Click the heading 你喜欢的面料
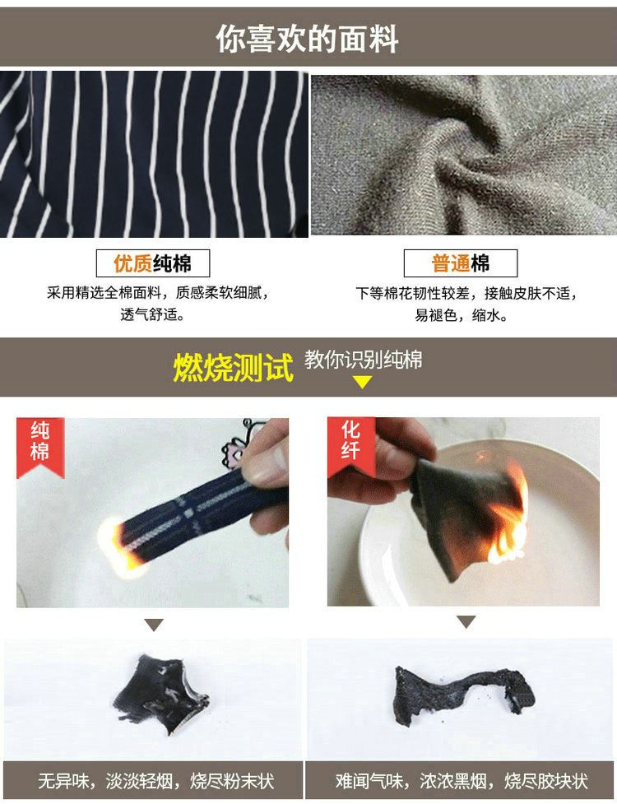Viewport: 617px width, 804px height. pyautogui.click(x=307, y=39)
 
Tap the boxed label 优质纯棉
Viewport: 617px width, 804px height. pyautogui.click(x=153, y=263)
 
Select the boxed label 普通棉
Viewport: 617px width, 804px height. pyautogui.click(x=460, y=263)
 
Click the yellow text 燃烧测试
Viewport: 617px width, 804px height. pyautogui.click(x=233, y=367)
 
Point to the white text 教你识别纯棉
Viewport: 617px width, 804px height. pyautogui.click(x=364, y=360)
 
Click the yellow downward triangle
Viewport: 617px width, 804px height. pyautogui.click(x=362, y=382)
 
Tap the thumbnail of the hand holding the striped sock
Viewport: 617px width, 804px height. pyautogui.click(x=153, y=513)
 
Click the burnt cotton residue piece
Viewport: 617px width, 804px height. pyautogui.click(x=159, y=694)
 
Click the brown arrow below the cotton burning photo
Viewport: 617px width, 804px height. pyautogui.click(x=154, y=625)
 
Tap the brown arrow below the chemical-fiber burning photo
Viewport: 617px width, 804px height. pyautogui.click(x=466, y=622)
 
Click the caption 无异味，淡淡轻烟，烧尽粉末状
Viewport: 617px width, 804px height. pyautogui.click(x=155, y=782)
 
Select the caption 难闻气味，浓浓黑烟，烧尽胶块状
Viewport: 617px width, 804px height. pyautogui.click(x=462, y=782)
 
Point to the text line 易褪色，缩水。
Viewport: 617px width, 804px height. pyautogui.click(x=462, y=315)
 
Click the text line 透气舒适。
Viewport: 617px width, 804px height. pyautogui.click(x=153, y=314)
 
